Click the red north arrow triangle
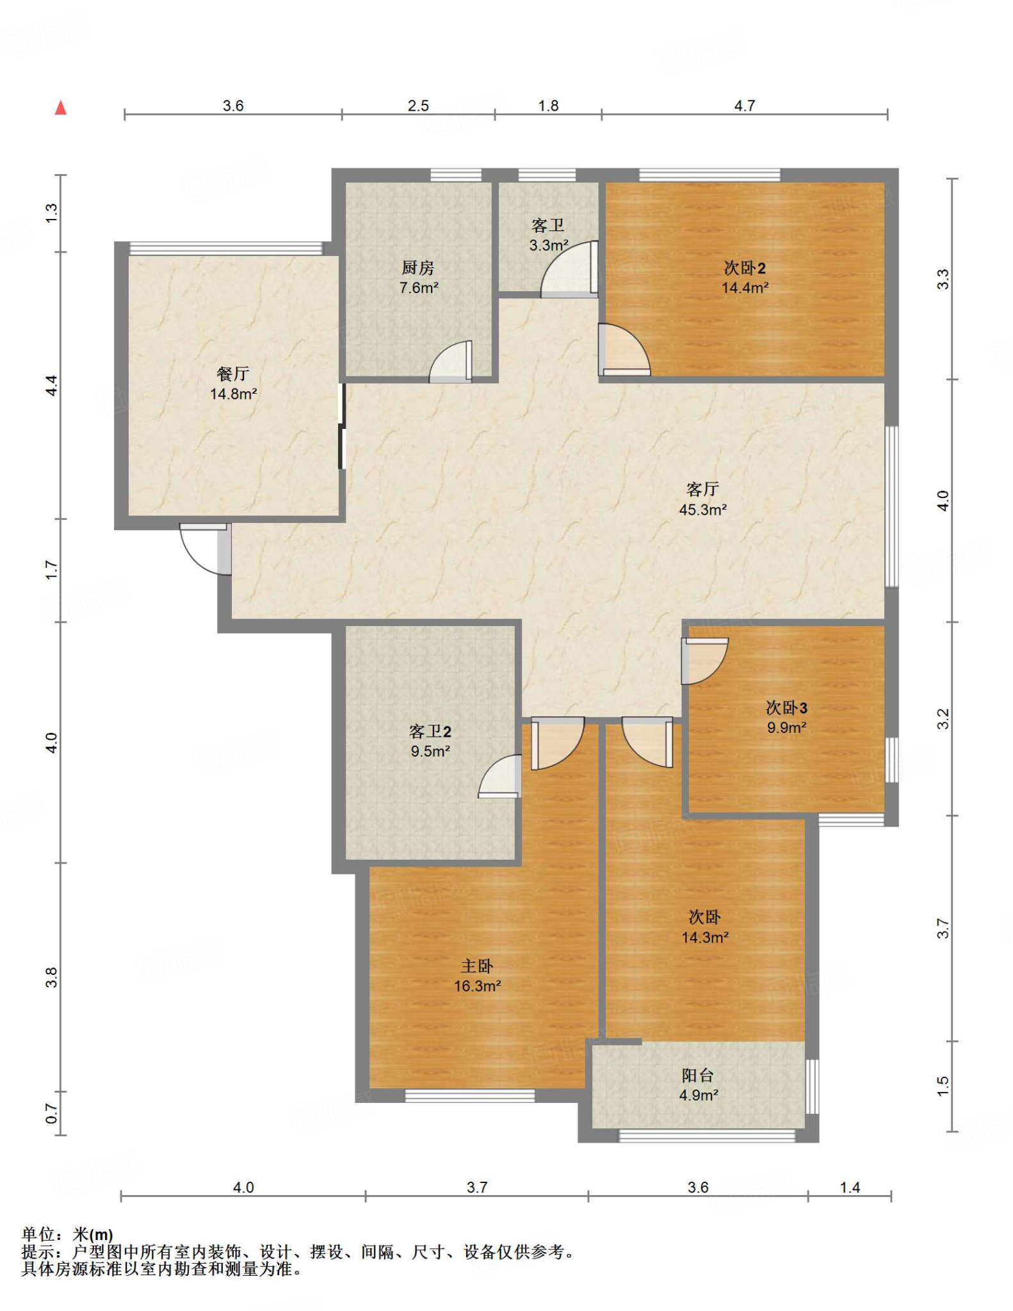pos(61,108)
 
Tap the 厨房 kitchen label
pos(418,268)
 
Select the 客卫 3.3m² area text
pos(549,245)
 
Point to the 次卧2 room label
pos(745,268)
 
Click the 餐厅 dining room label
pos(233,374)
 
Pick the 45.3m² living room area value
pos(702,510)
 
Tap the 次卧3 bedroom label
pos(786,708)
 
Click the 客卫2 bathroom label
pos(430,732)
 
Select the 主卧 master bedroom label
pos(477,967)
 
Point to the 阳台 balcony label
pos(698,1075)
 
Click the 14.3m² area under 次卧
pos(705,938)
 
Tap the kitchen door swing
pos(451,362)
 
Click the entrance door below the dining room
pos(206,549)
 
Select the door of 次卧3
pos(704,661)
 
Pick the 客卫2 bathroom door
pos(499,776)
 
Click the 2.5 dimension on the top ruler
pos(418,106)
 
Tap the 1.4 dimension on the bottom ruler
pos(850,1187)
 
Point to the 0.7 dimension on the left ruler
pos(52,1114)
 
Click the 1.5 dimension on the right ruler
pos(943,1086)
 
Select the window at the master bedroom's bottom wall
pos(470,1095)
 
